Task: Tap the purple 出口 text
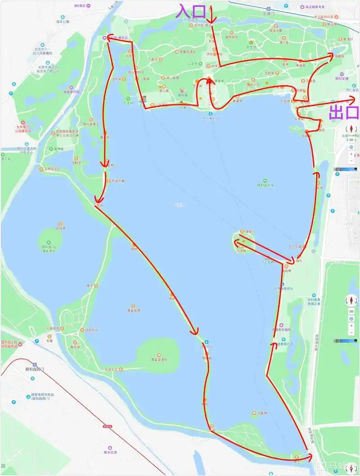click(345, 112)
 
